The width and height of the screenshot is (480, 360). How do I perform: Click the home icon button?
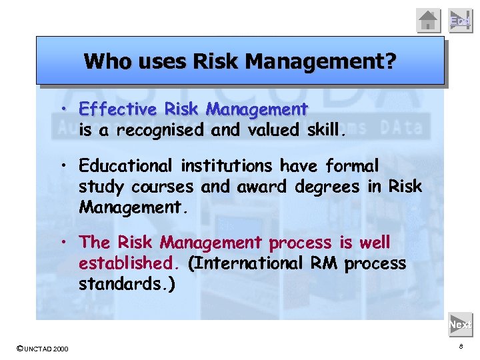429,21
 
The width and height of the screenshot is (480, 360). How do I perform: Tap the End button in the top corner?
459,21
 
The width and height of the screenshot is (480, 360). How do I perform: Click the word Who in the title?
103,62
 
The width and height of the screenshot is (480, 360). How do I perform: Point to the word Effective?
117,109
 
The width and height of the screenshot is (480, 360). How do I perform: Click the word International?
248,263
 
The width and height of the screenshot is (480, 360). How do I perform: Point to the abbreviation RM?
325,263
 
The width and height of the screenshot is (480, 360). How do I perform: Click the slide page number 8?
460,347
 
